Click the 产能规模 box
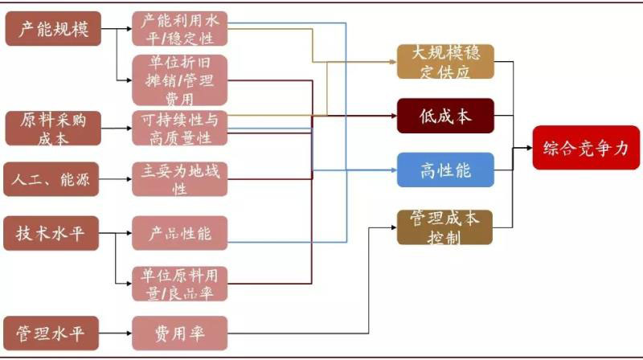[x=53, y=30]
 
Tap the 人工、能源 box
[x=53, y=179]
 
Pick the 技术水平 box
[x=53, y=234]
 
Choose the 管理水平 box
[x=53, y=330]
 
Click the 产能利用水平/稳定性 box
[x=179, y=30]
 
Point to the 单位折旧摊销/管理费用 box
[x=179, y=80]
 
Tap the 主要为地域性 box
[x=179, y=179]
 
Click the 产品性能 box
[x=179, y=234]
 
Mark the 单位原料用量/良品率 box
[x=179, y=284]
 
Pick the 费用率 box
[x=179, y=330]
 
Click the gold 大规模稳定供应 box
[x=444, y=62]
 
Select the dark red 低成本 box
[x=444, y=117]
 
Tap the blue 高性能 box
[x=444, y=170]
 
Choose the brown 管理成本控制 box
[x=444, y=227]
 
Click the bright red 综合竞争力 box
[x=585, y=147]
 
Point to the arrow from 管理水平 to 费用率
[x=117, y=330]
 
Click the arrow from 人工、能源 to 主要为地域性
[x=117, y=179]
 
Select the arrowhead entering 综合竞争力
[x=527, y=147]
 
